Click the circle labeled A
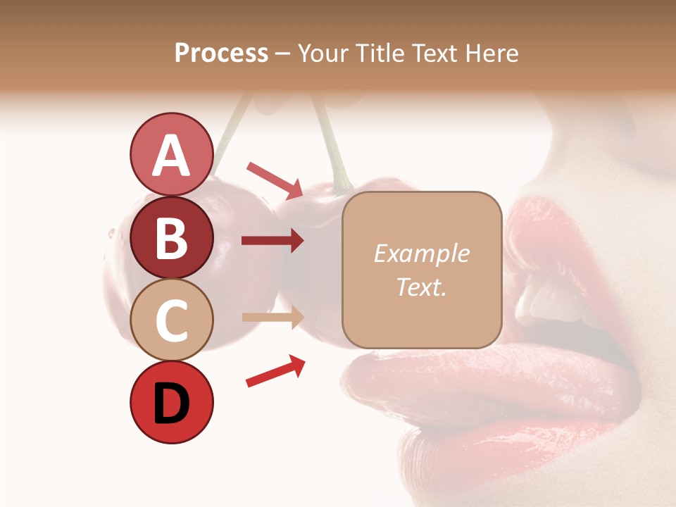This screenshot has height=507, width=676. click(171, 155)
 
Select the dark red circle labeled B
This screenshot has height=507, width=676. click(171, 237)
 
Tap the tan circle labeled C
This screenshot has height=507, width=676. click(171, 320)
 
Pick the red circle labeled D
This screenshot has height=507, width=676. click(171, 402)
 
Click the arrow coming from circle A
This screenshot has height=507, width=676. click(275, 180)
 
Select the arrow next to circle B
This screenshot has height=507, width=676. click(273, 241)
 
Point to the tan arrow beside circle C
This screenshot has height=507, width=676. click(273, 318)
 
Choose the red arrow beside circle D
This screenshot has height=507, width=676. click(275, 371)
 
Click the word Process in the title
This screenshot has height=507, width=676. click(221, 53)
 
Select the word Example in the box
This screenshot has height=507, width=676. click(421, 254)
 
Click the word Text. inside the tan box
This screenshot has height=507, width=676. click(421, 287)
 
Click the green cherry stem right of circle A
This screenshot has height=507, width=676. click(331, 148)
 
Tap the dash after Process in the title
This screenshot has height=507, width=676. click(283, 53)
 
